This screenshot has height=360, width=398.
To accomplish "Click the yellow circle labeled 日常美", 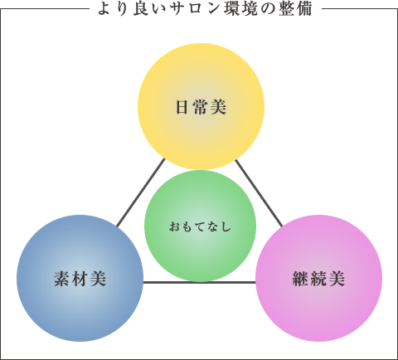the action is [201, 106].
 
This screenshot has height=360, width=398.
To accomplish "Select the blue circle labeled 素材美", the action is [80, 278].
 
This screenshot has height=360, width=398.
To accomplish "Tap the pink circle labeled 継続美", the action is [318, 278].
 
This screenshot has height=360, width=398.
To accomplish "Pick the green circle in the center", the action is [201, 226].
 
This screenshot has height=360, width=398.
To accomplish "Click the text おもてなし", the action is [201, 226].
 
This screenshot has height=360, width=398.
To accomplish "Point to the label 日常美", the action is [201, 107].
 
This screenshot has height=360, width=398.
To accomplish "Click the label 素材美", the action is [80, 279].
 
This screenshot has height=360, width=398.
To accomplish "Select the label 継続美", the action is [318, 279].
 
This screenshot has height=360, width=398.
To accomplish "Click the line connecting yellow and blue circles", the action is [141, 192].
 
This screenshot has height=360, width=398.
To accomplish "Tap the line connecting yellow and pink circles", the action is [259, 193].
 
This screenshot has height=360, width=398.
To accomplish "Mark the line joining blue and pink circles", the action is [200, 282].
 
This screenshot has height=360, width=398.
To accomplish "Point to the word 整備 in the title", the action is [295, 9].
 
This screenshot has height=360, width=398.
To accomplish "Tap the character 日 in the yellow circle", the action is [182, 107].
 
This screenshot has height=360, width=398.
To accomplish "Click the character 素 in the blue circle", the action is [61, 279].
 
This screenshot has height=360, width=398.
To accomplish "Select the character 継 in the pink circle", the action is [300, 279].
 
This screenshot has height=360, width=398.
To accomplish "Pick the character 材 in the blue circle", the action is [80, 279].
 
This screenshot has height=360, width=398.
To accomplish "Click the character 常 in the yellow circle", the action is [201, 107].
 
